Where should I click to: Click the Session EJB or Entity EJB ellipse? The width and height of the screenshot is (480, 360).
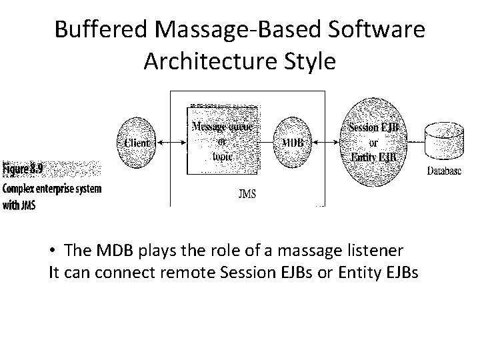click(x=373, y=142)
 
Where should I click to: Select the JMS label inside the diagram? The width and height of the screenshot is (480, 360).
click(x=246, y=194)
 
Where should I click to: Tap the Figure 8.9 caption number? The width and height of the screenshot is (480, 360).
click(x=23, y=169)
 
